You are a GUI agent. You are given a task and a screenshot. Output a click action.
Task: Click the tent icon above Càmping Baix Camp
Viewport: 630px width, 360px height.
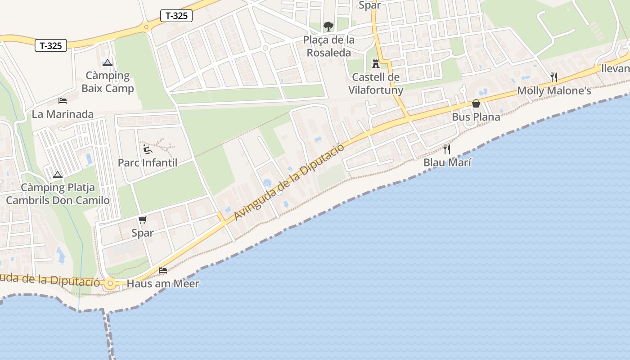coord(107,63)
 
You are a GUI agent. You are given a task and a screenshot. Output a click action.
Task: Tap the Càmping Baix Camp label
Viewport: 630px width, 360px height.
coord(108,82)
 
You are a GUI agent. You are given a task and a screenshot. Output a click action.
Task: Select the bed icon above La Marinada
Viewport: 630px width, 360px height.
coord(63,100)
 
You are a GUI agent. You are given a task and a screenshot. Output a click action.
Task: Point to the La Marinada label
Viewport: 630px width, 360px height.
coord(63,114)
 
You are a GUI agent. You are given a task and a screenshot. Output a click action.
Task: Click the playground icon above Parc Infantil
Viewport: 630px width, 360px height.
coord(147,149)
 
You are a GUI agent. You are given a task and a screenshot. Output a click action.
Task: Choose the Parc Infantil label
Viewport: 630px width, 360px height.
coord(148,162)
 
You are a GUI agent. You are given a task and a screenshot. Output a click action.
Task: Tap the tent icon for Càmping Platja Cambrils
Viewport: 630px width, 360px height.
coord(57,175)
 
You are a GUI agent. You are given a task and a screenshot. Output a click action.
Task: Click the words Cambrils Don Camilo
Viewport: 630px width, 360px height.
coord(58,200)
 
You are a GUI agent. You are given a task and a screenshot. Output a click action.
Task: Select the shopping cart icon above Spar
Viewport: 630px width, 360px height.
coord(143,220)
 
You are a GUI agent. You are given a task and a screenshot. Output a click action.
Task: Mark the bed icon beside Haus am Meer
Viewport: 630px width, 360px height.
coord(163,270)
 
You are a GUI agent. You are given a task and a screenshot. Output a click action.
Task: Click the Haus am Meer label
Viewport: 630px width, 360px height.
coord(163,284)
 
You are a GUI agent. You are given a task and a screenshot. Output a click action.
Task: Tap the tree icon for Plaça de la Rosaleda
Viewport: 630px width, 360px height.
coord(328,26)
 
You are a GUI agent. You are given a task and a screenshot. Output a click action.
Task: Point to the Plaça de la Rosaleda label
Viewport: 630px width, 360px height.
coord(329,46)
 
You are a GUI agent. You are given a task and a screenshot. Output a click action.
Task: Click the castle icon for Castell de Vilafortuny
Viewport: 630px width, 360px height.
coord(376,63)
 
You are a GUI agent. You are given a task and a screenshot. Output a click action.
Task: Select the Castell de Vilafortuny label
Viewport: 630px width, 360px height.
coord(376,84)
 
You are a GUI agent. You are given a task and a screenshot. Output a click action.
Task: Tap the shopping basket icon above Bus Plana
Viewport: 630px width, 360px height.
coord(476,103)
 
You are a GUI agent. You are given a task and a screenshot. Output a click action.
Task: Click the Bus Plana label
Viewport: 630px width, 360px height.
coord(476,117)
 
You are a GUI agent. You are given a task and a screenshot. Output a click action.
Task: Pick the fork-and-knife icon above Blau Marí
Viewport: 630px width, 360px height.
coord(447,149)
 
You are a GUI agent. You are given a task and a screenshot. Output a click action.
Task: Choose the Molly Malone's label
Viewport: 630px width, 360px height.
coord(554,91)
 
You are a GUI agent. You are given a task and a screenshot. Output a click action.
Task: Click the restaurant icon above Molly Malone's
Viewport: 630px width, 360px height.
coord(554,77)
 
